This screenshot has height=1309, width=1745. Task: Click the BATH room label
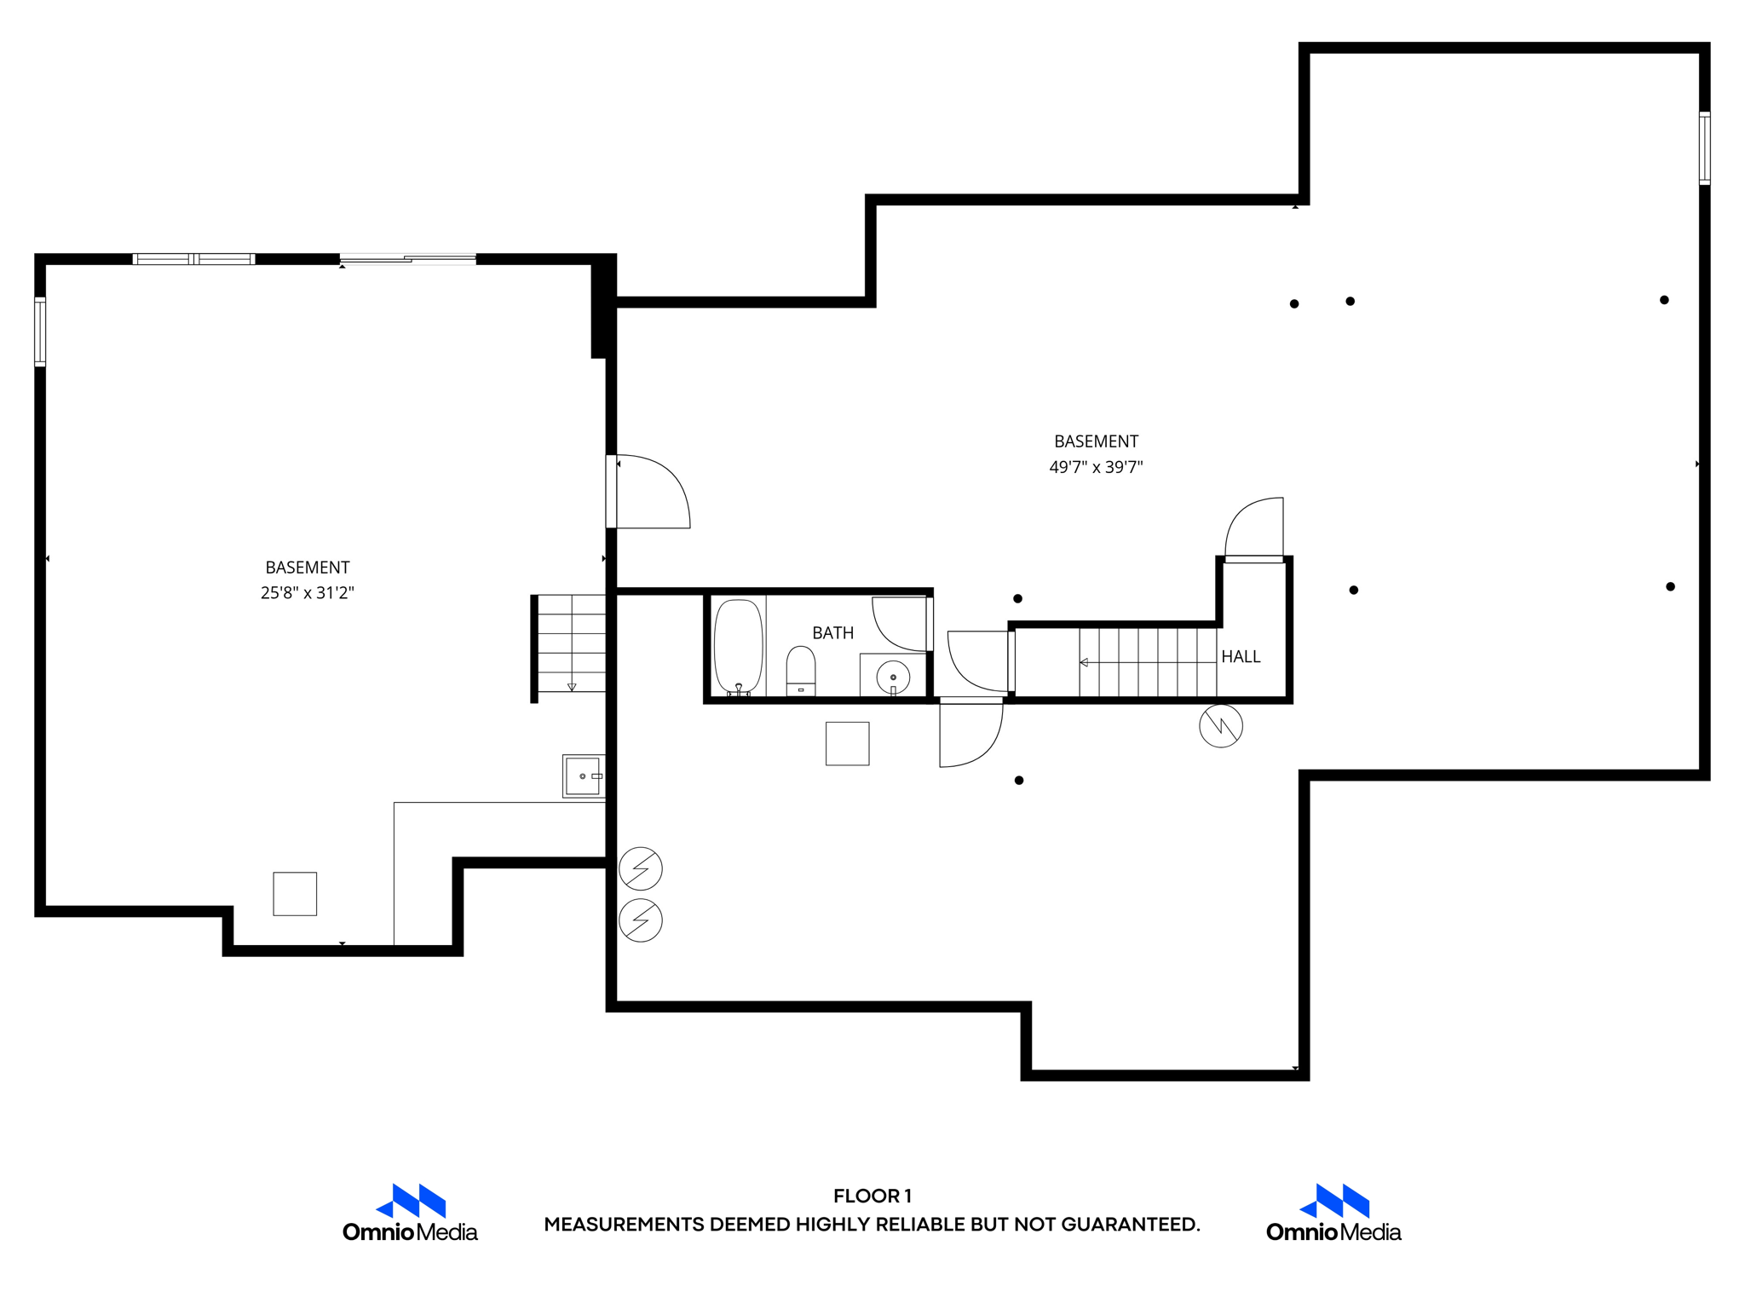[832, 633]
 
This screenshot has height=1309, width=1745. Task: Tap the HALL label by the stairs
[1241, 657]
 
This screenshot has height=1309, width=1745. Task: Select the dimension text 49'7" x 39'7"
[1096, 467]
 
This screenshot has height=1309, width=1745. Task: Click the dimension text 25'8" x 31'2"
[307, 593]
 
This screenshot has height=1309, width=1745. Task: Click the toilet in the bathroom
[801, 672]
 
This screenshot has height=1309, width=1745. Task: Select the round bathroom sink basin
[893, 678]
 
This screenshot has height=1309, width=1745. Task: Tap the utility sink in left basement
[583, 776]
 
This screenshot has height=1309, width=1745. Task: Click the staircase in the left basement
[570, 644]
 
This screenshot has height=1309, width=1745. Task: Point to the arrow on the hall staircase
[1084, 662]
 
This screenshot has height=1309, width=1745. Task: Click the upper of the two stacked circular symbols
[641, 868]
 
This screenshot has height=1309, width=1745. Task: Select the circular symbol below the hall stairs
[1221, 726]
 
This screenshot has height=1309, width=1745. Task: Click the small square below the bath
[847, 744]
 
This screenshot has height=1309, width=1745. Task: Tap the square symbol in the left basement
[295, 894]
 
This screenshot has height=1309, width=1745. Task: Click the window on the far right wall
[1704, 148]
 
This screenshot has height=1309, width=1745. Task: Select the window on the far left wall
[40, 332]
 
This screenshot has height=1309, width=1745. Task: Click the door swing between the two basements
[652, 493]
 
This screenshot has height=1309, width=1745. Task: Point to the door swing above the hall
[1254, 528]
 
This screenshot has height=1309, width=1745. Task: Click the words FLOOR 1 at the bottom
[872, 1196]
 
